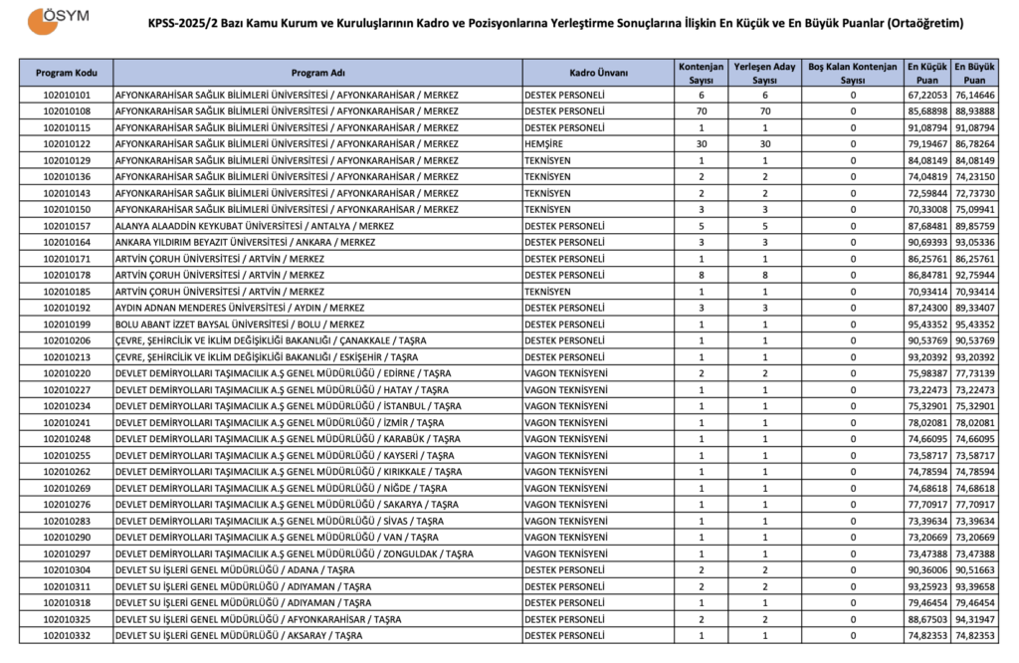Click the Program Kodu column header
tap(67, 73)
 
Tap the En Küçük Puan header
tap(925, 73)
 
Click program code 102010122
tap(67, 144)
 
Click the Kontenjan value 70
tap(702, 111)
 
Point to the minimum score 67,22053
tap(925, 96)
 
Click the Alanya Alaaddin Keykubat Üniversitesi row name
tap(255, 226)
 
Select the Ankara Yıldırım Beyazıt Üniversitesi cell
tap(246, 242)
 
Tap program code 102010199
tap(67, 325)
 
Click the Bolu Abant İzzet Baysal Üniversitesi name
tap(240, 325)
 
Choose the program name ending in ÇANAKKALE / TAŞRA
tap(272, 340)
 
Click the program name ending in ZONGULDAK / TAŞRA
tap(295, 553)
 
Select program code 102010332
tap(67, 635)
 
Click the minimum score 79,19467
tap(925, 144)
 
